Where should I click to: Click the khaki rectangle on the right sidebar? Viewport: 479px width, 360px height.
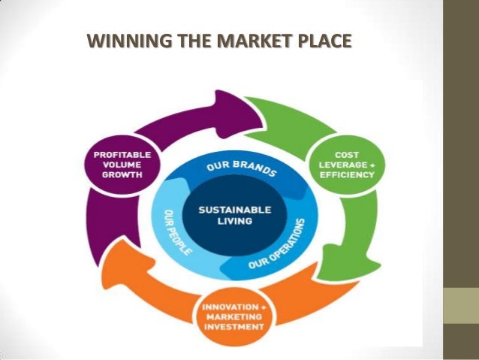click(x=462, y=308)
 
